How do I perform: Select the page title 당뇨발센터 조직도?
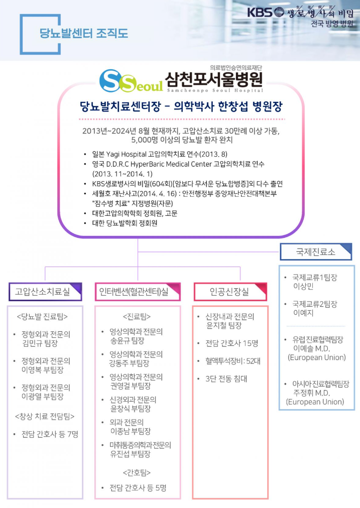coord(84,34)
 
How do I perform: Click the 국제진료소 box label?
coord(315,250)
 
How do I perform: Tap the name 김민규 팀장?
coord(40,344)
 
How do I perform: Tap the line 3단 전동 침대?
coord(223,378)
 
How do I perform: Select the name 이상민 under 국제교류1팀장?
coord(303,286)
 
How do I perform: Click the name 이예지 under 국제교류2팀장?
coord(303,313)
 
